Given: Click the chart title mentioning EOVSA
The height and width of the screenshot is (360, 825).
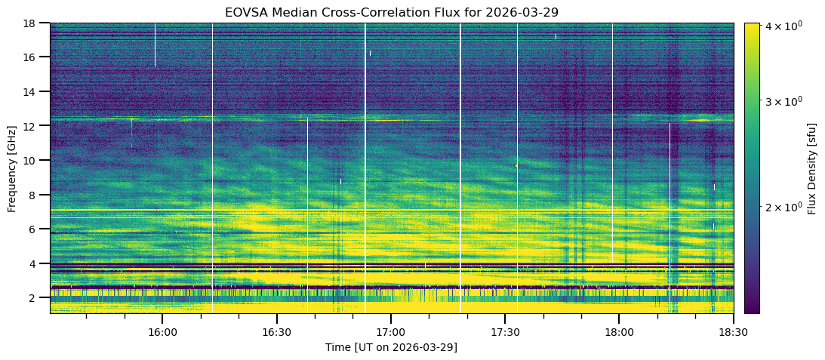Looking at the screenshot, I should pos(391,12).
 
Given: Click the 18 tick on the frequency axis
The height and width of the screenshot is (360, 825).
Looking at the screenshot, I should pos(32,23).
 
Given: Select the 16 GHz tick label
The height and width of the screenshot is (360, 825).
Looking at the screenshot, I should pos(32,57).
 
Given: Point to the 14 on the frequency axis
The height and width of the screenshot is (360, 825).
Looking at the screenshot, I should pos(32,92).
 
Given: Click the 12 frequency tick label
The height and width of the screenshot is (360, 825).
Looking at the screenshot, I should pos(32,126).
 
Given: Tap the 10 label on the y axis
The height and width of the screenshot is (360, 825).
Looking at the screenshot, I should pos(32,161).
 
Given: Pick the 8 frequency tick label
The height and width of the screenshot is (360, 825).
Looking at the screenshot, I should pos(35,195).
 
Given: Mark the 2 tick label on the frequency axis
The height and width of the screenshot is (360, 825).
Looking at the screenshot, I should pos(35,298).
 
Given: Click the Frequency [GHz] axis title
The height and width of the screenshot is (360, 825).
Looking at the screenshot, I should pos(12,168).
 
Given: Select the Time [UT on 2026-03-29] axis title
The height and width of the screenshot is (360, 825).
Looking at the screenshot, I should pos(391,347).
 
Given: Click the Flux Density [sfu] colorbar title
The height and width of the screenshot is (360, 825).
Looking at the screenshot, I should pos(811,168).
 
